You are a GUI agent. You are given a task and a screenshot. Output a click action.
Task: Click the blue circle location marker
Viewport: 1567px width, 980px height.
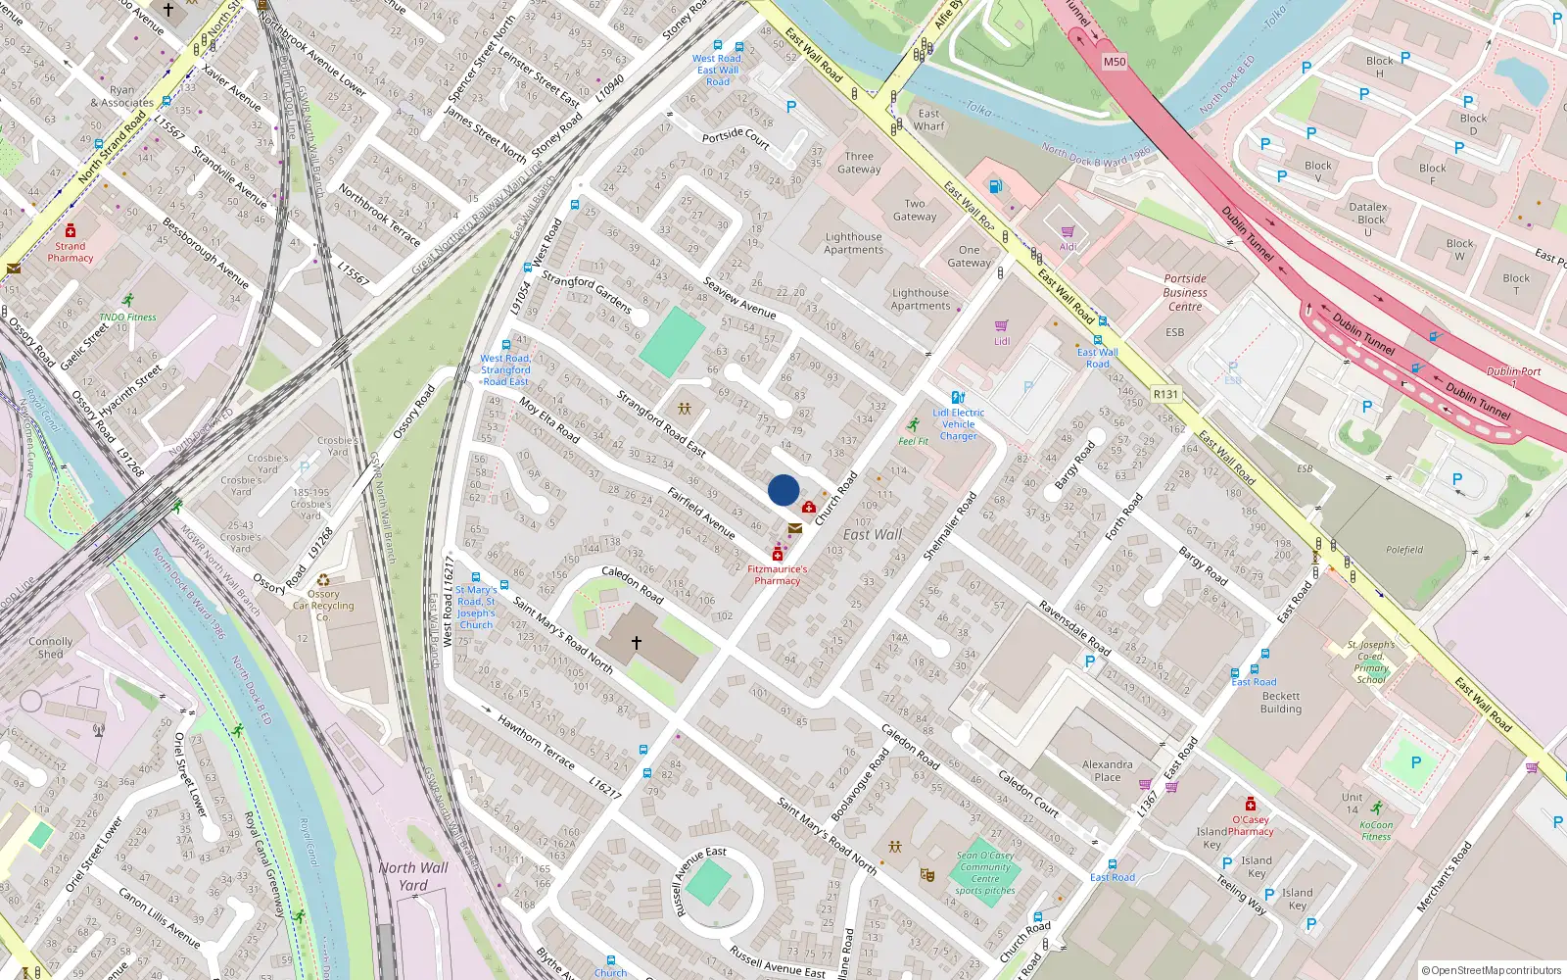pos(783,490)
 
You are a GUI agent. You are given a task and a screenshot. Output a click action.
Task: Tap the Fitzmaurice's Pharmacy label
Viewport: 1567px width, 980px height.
pos(778,575)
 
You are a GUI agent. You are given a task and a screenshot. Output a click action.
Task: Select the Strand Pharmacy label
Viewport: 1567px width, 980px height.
pos(71,253)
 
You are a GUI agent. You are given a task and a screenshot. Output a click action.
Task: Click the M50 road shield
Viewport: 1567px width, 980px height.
pos(1115,62)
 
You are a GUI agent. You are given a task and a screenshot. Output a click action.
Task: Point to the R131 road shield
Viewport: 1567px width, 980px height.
pos(1165,394)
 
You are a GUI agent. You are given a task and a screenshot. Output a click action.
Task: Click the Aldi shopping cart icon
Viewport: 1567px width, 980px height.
pos(1067,232)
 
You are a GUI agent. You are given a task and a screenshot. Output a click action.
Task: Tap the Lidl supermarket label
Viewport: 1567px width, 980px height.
pos(1002,341)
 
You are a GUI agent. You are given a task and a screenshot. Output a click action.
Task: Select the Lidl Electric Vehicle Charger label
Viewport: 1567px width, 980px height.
pos(959,424)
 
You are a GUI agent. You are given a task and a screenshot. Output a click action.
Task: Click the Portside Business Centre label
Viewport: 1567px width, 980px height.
pos(1185,292)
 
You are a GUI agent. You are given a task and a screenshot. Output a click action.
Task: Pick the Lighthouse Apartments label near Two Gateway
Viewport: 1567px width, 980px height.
pos(853,243)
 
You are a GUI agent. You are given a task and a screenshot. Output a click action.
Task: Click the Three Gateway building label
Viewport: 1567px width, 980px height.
pos(859,163)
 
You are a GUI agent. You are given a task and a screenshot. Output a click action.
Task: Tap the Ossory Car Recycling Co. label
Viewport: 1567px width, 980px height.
pos(323,606)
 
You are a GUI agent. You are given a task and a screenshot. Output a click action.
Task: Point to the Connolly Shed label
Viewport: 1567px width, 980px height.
pos(51,648)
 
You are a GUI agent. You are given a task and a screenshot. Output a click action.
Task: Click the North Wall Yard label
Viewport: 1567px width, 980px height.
pos(413,876)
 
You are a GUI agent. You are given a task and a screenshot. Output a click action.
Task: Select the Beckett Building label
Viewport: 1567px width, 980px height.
pos(1281,702)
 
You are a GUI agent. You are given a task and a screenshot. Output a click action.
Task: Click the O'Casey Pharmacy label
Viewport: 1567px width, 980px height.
pos(1251,825)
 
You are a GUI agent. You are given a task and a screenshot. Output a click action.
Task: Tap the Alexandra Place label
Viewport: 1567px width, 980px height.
pos(1108,770)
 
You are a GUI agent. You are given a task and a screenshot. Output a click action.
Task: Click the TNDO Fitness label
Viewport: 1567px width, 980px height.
pos(127,318)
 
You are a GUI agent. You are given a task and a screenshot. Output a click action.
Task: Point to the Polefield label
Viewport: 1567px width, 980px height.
pos(1404,550)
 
